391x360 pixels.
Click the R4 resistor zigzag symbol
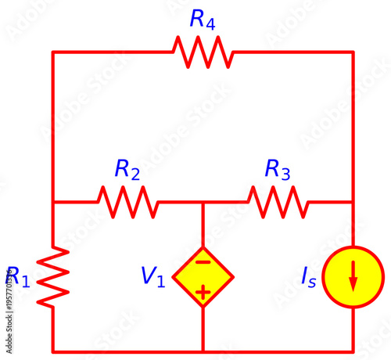(203, 52)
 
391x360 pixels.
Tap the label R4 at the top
(203, 20)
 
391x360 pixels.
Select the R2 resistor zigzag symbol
(127, 202)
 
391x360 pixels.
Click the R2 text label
(127, 169)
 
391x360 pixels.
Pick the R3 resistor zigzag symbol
(278, 202)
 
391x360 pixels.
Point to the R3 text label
(278, 169)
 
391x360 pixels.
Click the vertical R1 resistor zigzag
(53, 276)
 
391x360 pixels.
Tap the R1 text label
(18, 277)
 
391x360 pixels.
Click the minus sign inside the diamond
(203, 261)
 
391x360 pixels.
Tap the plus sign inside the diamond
(203, 293)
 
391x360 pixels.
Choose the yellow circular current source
(353, 277)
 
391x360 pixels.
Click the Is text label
(309, 277)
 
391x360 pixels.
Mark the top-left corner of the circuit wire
(53, 52)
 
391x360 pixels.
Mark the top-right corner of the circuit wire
(353, 52)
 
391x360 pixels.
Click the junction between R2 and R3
(203, 202)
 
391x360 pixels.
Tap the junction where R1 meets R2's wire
(53, 202)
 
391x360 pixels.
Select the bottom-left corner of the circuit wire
(53, 351)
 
